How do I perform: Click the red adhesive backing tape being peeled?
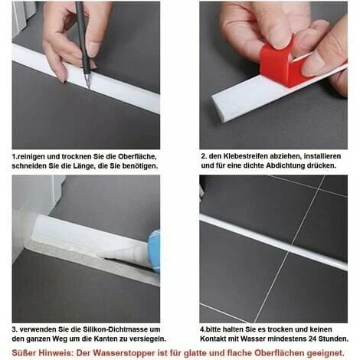[278, 65]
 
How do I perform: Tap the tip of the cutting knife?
[89, 88]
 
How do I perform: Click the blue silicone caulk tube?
[154, 251]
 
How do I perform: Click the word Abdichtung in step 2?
[283, 165]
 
